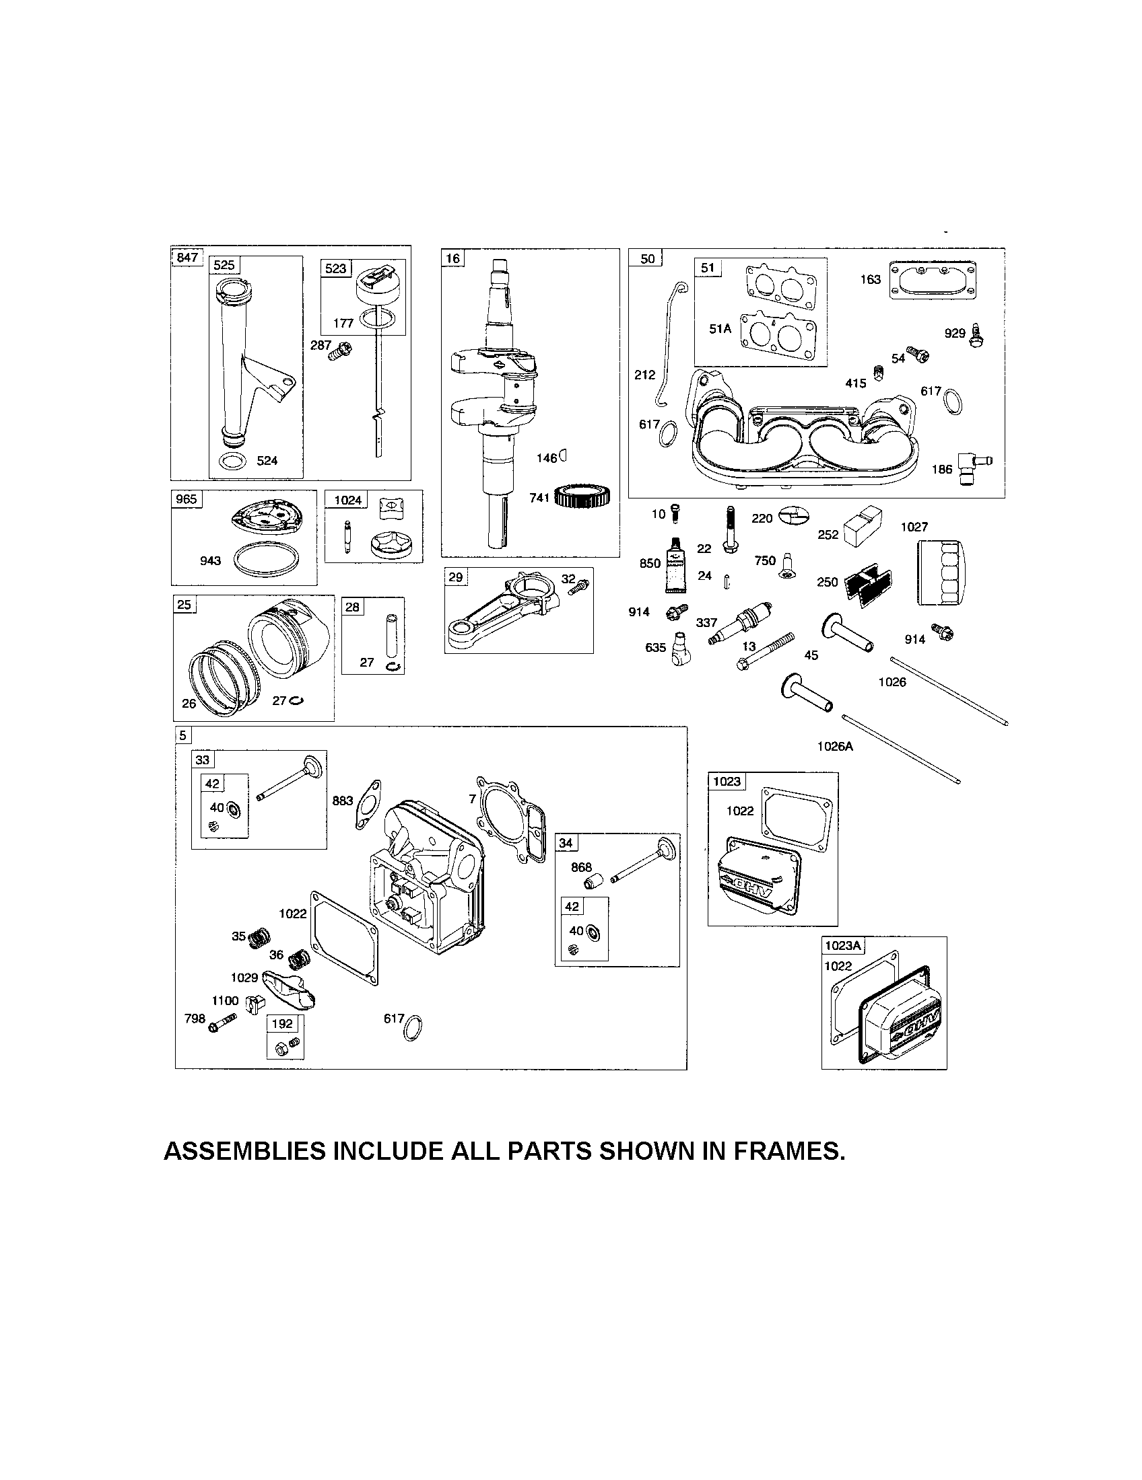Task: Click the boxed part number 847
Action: (187, 257)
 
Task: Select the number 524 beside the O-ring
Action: (267, 461)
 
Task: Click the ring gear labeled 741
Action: (584, 496)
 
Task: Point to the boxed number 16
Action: (452, 258)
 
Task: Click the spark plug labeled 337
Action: (742, 620)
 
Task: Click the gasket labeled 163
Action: (933, 279)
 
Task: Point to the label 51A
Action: (720, 329)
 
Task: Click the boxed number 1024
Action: (348, 500)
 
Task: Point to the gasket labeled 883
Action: (368, 803)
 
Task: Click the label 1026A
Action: (835, 746)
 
